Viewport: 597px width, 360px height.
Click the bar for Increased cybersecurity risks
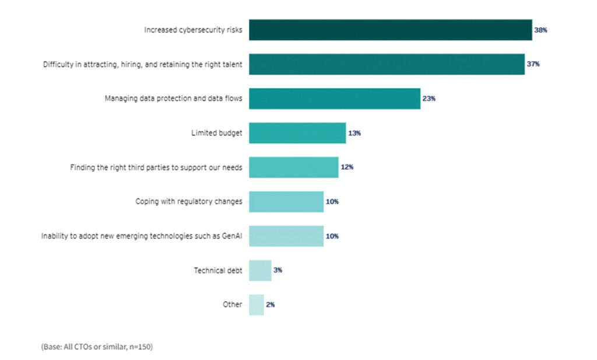tap(390, 30)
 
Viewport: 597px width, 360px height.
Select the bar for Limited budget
tap(297, 133)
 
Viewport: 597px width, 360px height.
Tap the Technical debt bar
tap(260, 271)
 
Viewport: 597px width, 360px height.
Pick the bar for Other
tap(257, 305)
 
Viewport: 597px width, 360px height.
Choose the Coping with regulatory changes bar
tap(286, 202)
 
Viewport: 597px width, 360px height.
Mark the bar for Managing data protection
tap(334, 99)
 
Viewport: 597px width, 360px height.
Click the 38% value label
tap(540, 30)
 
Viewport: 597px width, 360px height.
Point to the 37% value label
tap(533, 64)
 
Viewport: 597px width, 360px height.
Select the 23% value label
tap(429, 99)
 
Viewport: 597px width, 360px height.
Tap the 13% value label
tap(354, 133)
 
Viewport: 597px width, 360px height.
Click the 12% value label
tap(347, 167)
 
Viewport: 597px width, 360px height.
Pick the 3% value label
tap(278, 271)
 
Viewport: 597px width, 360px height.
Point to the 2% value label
tap(271, 305)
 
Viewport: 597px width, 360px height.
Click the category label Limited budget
tap(216, 133)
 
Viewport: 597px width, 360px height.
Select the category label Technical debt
tap(217, 271)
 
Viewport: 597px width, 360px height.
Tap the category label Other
tap(232, 305)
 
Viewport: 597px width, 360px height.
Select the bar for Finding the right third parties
tap(293, 167)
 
